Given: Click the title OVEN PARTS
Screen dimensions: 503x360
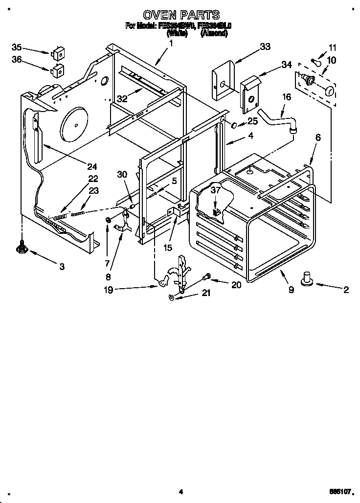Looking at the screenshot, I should point(181,15).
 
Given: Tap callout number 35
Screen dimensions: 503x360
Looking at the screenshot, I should point(17,47).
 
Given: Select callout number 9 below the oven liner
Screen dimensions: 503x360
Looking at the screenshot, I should point(291,289).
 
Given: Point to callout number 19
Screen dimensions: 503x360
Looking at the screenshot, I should point(108,290).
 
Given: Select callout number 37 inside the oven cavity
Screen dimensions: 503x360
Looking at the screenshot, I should point(216,191).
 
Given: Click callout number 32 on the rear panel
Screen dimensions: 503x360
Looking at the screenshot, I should point(122,98).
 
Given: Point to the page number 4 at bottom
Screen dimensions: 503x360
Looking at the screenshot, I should point(180,492).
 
